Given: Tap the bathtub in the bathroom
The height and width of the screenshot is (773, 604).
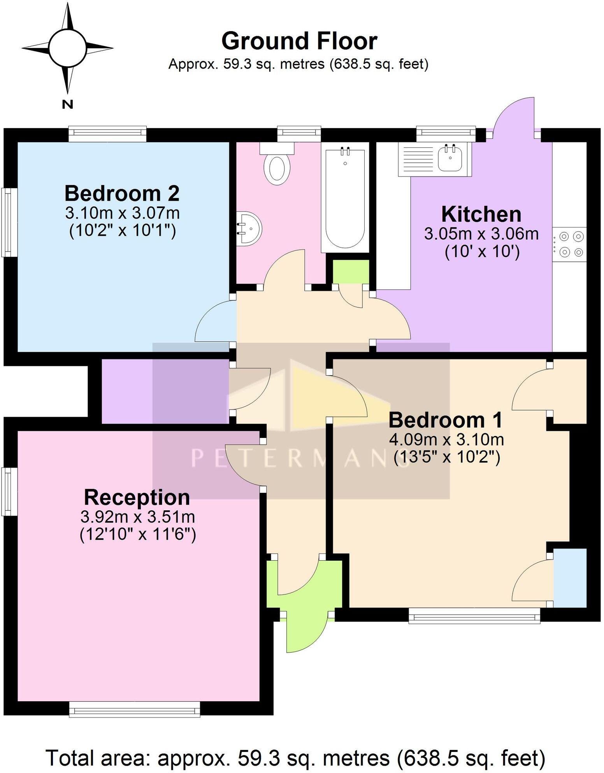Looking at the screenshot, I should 344,199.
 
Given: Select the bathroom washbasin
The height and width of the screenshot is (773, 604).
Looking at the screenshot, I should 249,228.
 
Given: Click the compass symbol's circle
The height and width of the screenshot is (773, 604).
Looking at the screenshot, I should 67,48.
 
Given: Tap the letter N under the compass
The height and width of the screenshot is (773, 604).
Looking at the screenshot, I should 67,104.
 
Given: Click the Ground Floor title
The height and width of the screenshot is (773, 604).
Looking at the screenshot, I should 299,41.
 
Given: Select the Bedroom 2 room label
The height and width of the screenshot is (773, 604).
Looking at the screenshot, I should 122,193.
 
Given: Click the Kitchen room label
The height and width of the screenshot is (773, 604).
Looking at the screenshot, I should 481,214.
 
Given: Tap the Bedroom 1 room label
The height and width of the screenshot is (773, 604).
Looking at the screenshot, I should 446,420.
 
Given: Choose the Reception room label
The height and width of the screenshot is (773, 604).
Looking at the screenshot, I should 137,498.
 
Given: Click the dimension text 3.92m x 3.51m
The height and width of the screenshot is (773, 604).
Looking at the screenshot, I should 137,517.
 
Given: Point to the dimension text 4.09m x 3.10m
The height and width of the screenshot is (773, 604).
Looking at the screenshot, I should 446,439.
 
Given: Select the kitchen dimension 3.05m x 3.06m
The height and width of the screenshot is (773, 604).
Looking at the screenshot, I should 481,234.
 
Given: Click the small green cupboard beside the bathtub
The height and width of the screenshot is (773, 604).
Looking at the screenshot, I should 351,272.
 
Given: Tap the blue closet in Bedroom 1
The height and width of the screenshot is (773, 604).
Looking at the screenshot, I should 570,577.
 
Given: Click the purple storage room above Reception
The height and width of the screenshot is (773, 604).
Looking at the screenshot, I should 164,391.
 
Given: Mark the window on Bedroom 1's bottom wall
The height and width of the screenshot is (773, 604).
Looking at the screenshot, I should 474,616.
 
